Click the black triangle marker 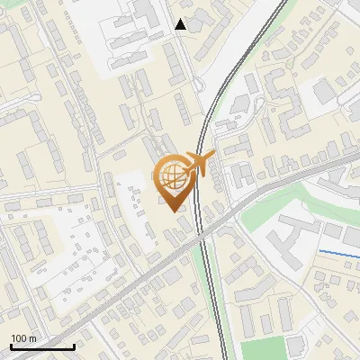181,24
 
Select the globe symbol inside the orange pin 171,175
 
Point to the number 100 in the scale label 19,338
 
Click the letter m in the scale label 33,338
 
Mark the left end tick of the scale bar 11,346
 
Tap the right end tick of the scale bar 74,346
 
